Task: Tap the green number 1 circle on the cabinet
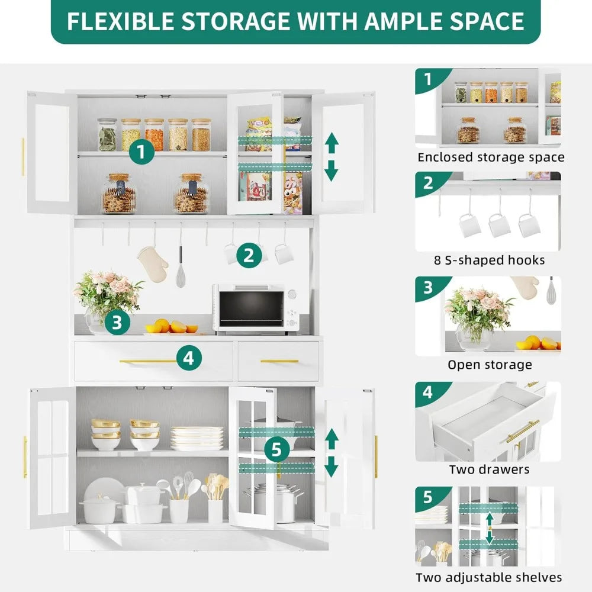(141, 152)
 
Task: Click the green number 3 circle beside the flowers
(117, 323)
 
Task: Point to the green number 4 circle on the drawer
(188, 358)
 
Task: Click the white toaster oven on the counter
(256, 308)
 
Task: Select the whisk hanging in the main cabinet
(181, 269)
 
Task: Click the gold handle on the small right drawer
(279, 361)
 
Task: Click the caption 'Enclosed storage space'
(491, 157)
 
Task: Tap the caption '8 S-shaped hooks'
(489, 260)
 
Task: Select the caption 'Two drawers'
(489, 469)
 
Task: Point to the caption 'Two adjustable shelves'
(489, 577)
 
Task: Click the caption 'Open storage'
(489, 365)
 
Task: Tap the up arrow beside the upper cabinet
(332, 142)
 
